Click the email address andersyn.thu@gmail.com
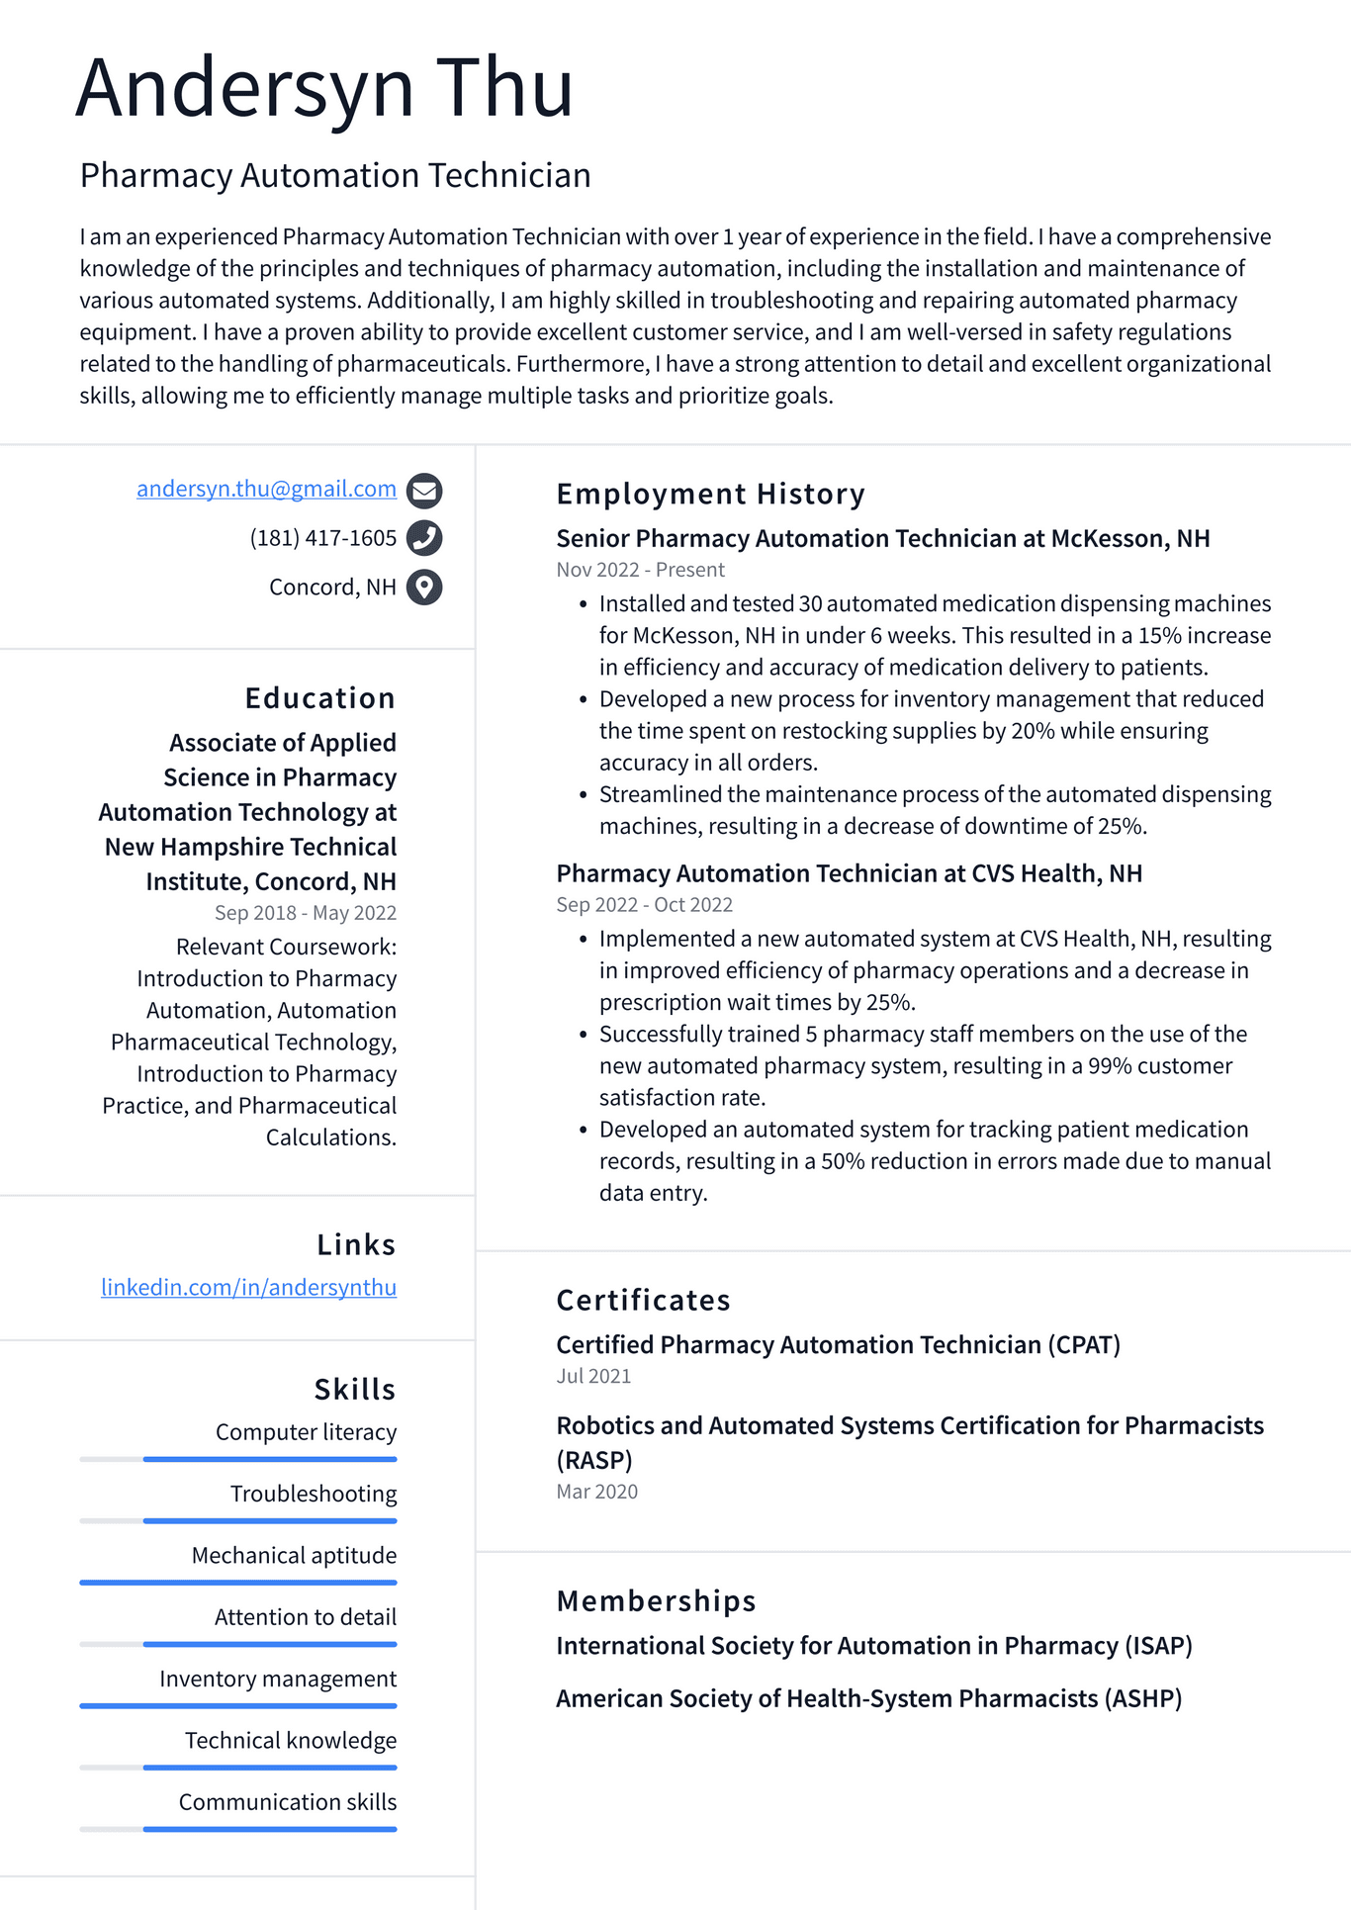[266, 489]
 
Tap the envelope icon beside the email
[424, 490]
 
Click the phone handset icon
[424, 538]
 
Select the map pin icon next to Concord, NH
[424, 588]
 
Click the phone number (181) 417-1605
[322, 538]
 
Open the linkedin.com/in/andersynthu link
[248, 1287]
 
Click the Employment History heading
[710, 494]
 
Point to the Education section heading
[319, 698]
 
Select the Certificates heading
[643, 1300]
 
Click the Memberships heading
[656, 1600]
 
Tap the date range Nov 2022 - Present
[640, 570]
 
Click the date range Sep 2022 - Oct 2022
[644, 905]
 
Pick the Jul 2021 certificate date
[593, 1376]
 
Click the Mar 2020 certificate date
[596, 1492]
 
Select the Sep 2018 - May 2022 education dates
[305, 913]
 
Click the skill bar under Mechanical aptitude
[238, 1583]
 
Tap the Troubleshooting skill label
[314, 1494]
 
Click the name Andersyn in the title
[244, 89]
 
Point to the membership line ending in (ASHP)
[868, 1698]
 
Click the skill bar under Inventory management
[238, 1706]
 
